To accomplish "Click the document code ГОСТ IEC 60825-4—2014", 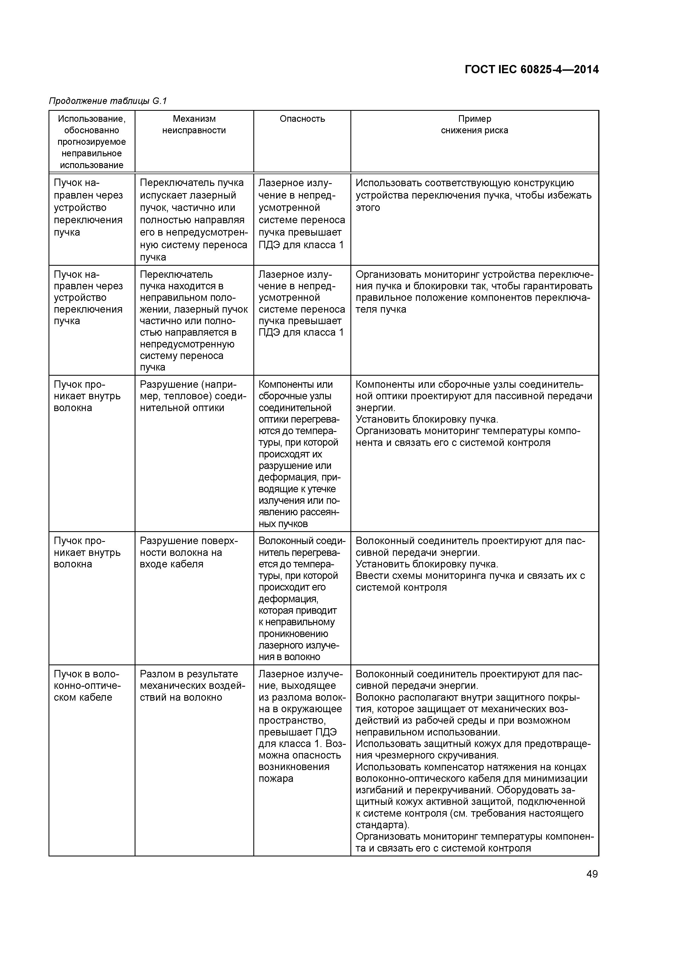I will pyautogui.click(x=531, y=70).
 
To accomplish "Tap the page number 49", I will pyautogui.click(x=592, y=874).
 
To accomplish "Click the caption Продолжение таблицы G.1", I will pyautogui.click(x=108, y=101).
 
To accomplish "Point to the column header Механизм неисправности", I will pyautogui.click(x=194, y=125).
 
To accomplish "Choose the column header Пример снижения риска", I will pyautogui.click(x=474, y=125).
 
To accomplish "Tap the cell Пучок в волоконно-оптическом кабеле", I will pyautogui.click(x=87, y=686).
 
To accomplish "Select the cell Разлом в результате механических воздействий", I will pyautogui.click(x=192, y=686).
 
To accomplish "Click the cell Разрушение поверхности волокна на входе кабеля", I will pyautogui.click(x=189, y=552).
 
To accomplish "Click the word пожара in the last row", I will pyautogui.click(x=276, y=779).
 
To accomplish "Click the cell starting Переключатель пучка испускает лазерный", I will pyautogui.click(x=194, y=220).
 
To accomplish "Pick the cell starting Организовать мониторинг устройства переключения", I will pyautogui.click(x=474, y=292).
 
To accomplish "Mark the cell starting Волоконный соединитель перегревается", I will pyautogui.click(x=302, y=599).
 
